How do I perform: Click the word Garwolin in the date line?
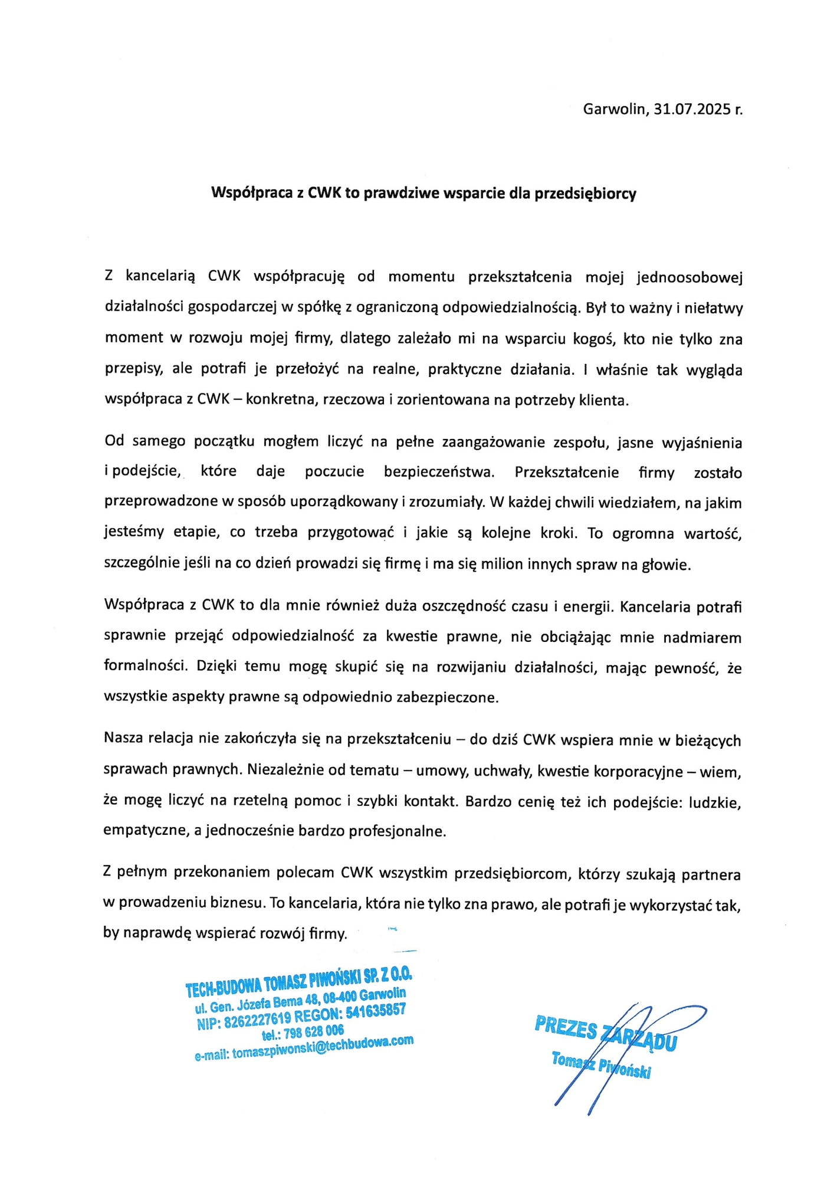(x=615, y=109)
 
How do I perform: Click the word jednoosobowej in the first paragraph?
(x=689, y=277)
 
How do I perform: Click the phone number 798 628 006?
(x=313, y=1032)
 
